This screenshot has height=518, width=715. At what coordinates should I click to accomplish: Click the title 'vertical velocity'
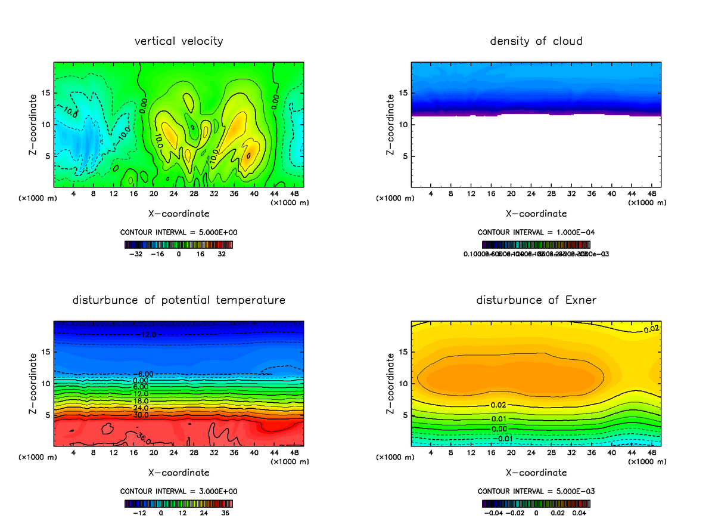179,41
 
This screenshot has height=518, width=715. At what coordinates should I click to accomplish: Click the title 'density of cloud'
536,41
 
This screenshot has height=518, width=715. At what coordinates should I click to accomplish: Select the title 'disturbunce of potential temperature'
179,300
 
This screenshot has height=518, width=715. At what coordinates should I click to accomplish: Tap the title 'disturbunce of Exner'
536,300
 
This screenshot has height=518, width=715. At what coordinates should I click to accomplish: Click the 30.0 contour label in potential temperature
141,415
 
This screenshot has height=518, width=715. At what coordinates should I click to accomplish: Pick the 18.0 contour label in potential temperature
141,401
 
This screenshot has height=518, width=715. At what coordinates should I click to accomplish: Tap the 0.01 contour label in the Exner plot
499,418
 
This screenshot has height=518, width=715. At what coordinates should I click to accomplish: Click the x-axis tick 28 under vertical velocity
194,194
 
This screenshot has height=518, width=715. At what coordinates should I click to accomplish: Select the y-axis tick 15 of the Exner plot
403,352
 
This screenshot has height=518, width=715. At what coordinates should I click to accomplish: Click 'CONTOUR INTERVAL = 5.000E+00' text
179,232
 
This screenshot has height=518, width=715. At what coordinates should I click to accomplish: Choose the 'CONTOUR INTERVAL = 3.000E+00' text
179,491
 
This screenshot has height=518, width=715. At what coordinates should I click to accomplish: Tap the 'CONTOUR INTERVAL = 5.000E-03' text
536,491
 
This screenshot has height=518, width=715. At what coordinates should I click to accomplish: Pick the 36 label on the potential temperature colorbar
226,513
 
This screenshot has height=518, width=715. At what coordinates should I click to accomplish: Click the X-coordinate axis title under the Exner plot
536,473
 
